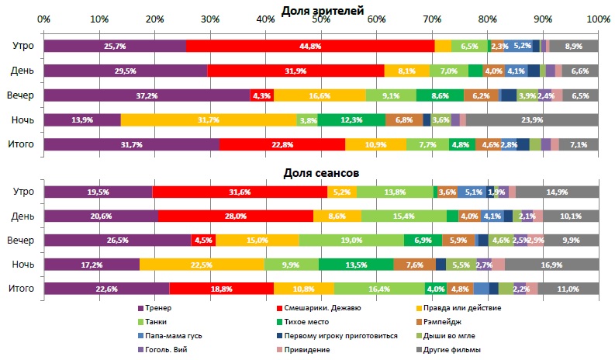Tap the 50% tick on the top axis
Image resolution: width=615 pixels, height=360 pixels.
pyautogui.click(x=321, y=19)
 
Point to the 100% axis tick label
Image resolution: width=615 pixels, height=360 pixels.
pyautogui.click(x=598, y=19)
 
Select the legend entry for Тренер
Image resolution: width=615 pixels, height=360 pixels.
pyautogui.click(x=158, y=308)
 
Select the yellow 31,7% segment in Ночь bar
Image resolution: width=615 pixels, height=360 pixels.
pyautogui.click(x=209, y=120)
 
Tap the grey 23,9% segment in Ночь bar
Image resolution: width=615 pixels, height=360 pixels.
pyautogui.click(x=532, y=120)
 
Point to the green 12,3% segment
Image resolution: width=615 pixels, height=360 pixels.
pyautogui.click(x=351, y=120)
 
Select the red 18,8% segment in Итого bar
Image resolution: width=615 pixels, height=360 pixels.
pyautogui.click(x=221, y=289)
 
